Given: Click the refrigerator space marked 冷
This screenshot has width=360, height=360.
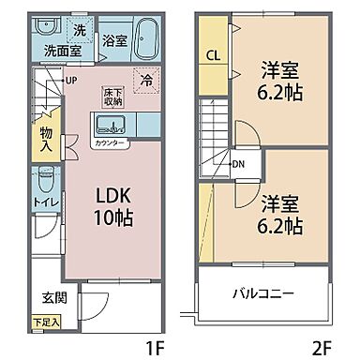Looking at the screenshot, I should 146,81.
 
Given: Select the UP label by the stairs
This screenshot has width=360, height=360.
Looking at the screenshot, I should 71,80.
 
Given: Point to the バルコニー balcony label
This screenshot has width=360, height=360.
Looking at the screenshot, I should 266,293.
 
